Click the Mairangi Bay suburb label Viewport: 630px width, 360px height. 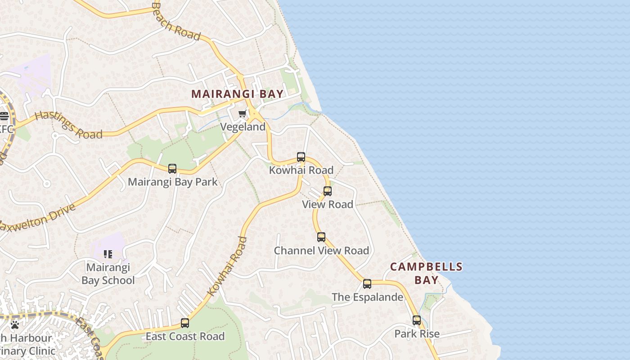point(238,94)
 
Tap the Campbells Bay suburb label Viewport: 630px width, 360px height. point(426,273)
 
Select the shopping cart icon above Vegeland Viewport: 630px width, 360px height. point(243,113)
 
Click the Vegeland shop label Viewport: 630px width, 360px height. point(243,127)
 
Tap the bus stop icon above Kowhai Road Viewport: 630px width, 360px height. point(301,157)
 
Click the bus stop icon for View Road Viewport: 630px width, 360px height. point(328,191)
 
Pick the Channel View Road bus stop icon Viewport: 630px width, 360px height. point(321,237)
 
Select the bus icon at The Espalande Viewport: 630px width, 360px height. point(367,284)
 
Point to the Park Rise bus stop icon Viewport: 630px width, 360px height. point(417,320)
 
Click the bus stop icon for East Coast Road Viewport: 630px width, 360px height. point(185,323)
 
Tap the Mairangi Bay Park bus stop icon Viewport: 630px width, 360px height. point(172,169)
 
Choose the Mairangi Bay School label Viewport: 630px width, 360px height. point(108,274)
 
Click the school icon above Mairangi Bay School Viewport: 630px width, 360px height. point(108,254)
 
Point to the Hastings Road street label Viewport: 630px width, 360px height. point(68,125)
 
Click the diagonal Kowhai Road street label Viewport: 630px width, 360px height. point(228,266)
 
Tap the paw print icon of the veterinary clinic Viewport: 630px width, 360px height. point(15,324)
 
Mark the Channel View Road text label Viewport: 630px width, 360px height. point(321,251)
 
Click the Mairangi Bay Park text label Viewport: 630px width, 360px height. point(173,182)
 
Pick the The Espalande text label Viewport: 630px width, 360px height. point(367,297)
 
